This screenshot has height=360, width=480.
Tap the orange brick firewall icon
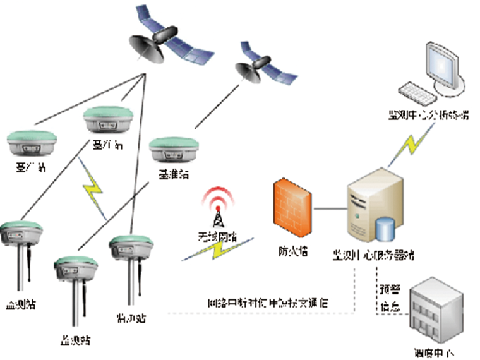pyautogui.click(x=292, y=207)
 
